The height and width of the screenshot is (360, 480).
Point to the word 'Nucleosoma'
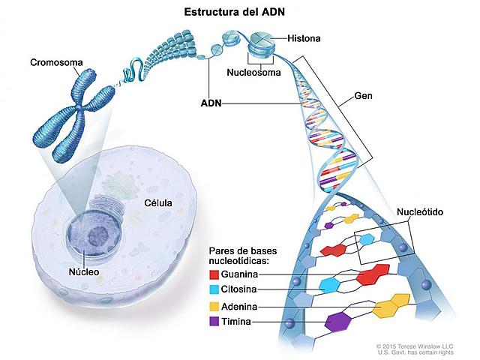click(x=253, y=73)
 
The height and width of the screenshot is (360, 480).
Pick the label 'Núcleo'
click(x=84, y=270)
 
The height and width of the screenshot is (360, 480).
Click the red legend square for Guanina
click(x=214, y=274)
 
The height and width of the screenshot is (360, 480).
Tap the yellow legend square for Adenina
click(x=214, y=307)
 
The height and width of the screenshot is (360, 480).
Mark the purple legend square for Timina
click(x=214, y=322)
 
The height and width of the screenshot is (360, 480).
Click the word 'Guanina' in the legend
click(x=241, y=274)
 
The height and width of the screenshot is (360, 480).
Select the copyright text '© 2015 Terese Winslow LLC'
click(x=422, y=341)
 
